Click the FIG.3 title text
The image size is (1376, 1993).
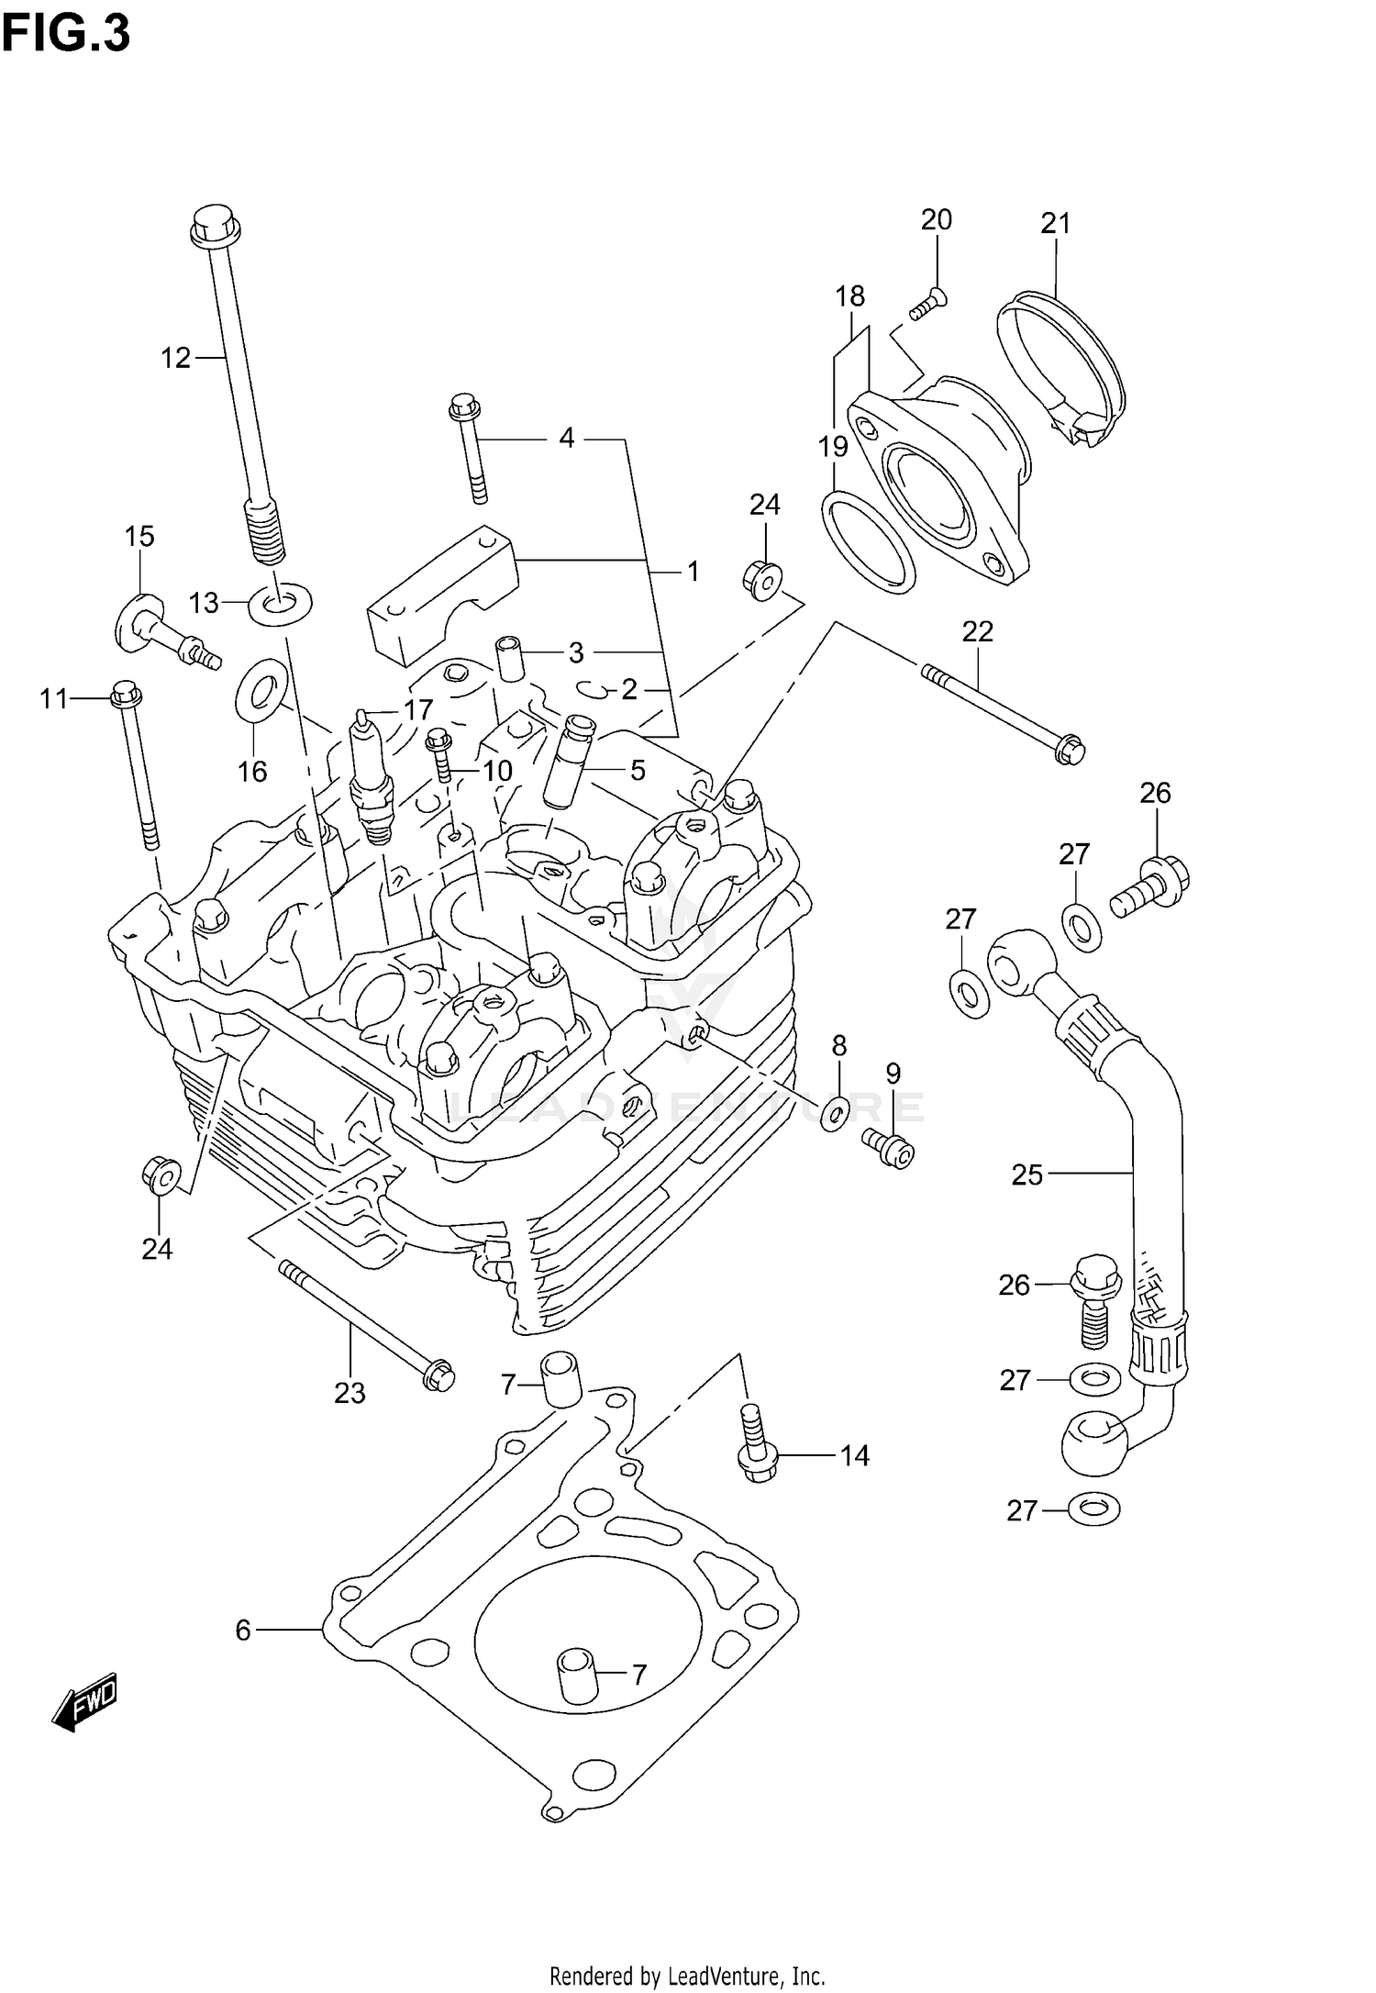[x=66, y=34]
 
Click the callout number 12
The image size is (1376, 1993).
[x=175, y=358]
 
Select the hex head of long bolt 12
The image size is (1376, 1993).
[x=216, y=223]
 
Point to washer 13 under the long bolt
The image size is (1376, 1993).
[x=280, y=604]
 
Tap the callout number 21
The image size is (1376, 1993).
[x=1055, y=223]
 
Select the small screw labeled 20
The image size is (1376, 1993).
[x=928, y=305]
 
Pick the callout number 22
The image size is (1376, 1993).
[x=977, y=631]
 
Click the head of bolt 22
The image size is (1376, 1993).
[x=1069, y=751]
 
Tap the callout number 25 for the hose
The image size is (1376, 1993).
[x=1027, y=1175]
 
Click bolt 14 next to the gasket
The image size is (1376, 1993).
[x=755, y=1451]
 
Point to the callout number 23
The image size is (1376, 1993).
[x=350, y=1393]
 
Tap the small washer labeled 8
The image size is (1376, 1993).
[x=834, y=1113]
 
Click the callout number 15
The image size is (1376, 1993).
[x=139, y=536]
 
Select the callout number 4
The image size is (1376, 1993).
[x=566, y=439]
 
